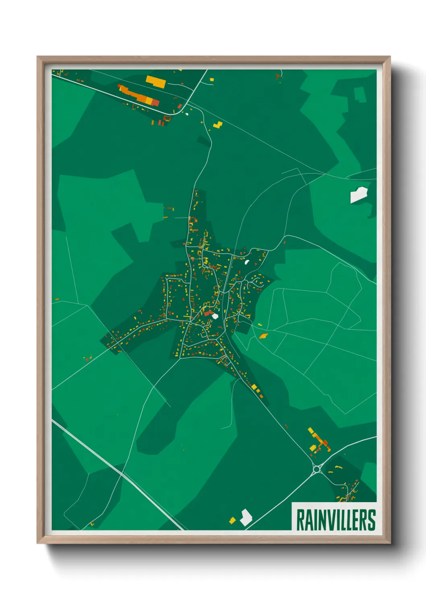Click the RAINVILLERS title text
click(335, 519)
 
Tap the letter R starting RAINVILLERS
click(300, 519)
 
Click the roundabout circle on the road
click(316, 469)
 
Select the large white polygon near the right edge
click(358, 195)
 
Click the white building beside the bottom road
click(245, 517)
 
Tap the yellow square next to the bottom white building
click(232, 520)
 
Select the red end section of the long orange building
click(155, 103)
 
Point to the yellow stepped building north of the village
click(218, 124)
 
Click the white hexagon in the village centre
click(215, 316)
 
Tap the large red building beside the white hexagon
click(208, 313)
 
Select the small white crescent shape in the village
click(246, 262)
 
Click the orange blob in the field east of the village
click(263, 336)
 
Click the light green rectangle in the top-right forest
click(360, 95)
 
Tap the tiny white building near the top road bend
click(187, 114)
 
